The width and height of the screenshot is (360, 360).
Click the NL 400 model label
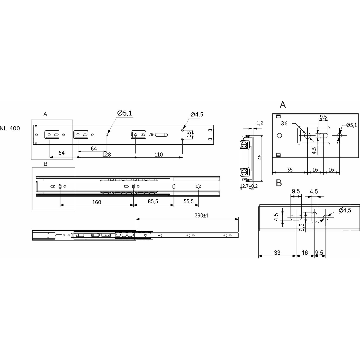(x=10, y=128)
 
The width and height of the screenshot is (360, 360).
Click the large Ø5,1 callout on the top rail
(x=124, y=113)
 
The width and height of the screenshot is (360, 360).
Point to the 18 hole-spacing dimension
(x=189, y=134)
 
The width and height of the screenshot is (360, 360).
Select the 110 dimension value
(x=159, y=155)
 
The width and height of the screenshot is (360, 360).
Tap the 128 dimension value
(x=106, y=155)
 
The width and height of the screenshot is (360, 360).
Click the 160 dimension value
(x=97, y=202)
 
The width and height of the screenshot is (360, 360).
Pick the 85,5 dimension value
(x=153, y=201)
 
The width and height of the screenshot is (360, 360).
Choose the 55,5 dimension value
(x=188, y=201)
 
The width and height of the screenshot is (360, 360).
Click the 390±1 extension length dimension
(x=201, y=215)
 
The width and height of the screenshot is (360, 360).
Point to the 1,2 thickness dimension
(x=260, y=123)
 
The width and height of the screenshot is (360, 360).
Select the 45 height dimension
(x=260, y=157)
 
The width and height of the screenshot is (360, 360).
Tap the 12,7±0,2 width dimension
(x=249, y=186)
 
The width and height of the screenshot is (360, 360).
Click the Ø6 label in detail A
(x=284, y=124)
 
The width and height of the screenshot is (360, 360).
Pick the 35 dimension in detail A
(x=290, y=170)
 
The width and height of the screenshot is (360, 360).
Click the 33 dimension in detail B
(x=277, y=253)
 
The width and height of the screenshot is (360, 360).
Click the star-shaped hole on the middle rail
(x=198, y=186)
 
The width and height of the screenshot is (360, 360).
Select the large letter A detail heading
(x=283, y=105)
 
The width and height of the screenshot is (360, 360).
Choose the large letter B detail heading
(x=279, y=183)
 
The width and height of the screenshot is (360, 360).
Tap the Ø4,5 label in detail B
(x=345, y=210)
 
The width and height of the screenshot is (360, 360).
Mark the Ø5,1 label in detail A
(x=352, y=125)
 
